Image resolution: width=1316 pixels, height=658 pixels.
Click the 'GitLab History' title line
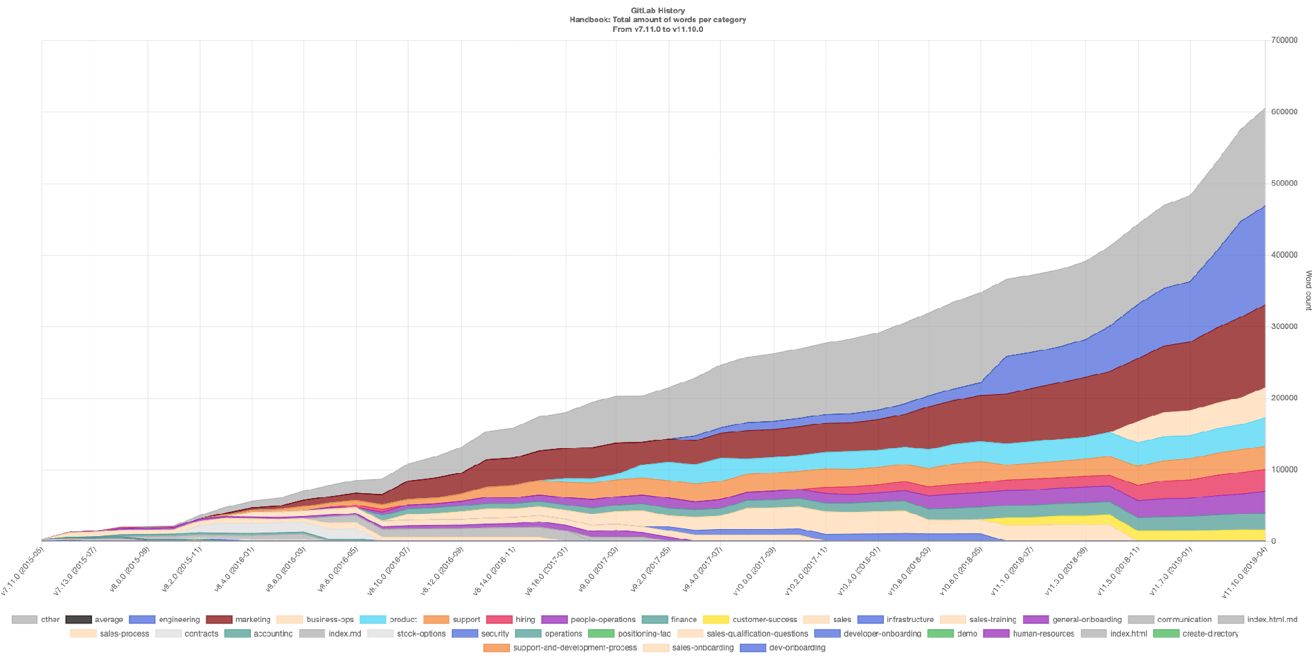(658, 10)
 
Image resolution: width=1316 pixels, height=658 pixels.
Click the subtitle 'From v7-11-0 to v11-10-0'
(658, 29)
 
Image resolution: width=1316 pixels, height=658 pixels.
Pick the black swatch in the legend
(78, 620)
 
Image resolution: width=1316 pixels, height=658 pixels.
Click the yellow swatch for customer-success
(716, 620)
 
